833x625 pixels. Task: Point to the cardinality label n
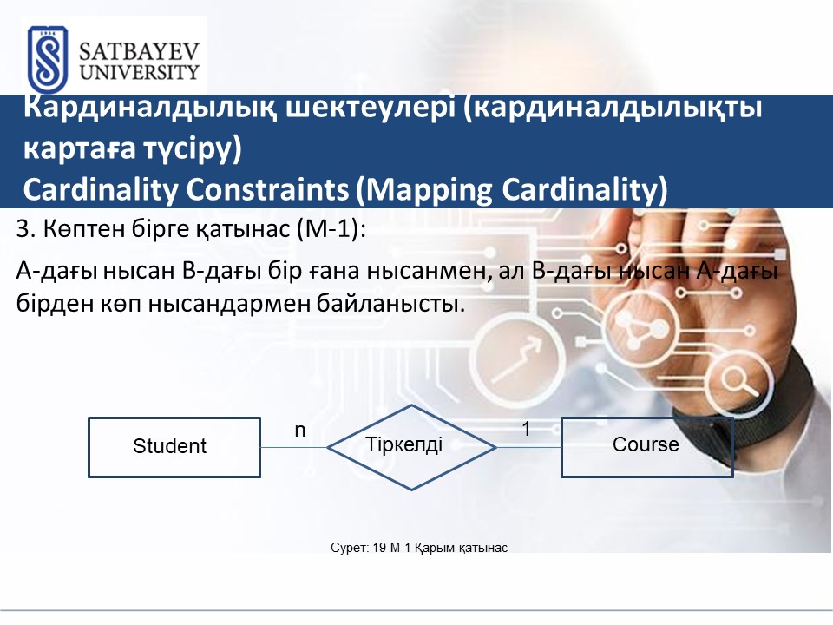click(300, 430)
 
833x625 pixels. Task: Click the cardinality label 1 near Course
click(526, 429)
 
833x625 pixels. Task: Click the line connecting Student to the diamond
click(294, 448)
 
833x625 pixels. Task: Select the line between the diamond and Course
click(529, 448)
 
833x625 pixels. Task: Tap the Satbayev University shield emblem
click(48, 60)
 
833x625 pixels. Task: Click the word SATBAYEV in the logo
click(139, 52)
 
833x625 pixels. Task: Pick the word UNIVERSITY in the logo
click(139, 72)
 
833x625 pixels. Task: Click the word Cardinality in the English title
click(101, 190)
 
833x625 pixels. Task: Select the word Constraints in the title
click(268, 189)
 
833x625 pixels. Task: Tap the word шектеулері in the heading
click(371, 107)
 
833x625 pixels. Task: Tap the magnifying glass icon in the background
click(738, 382)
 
